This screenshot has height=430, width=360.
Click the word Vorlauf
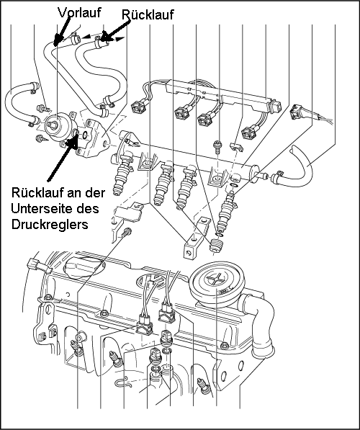[79, 13]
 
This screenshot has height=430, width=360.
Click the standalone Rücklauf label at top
[148, 14]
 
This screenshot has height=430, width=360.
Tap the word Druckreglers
[50, 224]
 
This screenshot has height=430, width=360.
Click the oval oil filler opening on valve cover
[84, 265]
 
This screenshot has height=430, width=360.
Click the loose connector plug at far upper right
[297, 112]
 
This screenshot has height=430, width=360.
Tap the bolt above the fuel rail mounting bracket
[218, 147]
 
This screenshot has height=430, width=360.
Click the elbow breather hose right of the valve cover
[258, 326]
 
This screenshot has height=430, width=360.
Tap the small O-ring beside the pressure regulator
[85, 135]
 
